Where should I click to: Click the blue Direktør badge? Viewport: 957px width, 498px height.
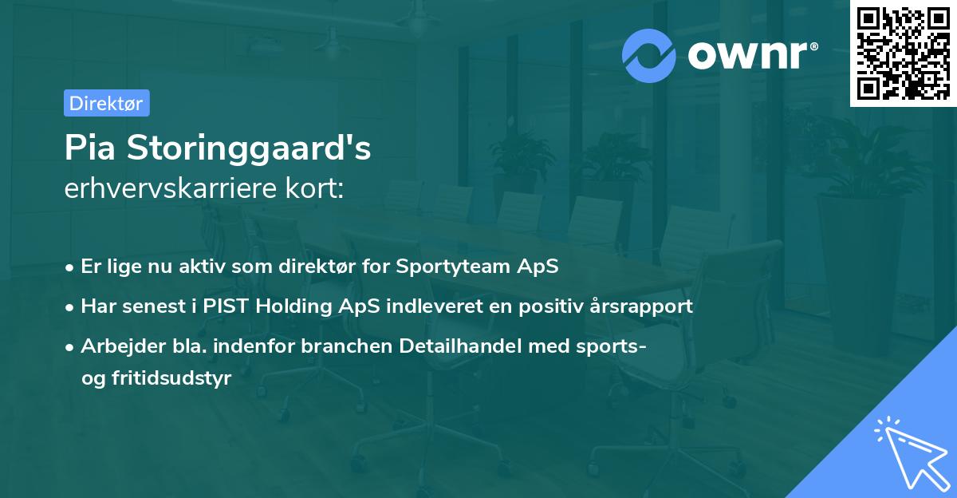106,103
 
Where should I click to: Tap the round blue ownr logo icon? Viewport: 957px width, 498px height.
648,55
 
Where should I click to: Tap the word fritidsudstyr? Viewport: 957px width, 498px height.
167,378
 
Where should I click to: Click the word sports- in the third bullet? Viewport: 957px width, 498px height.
616,346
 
